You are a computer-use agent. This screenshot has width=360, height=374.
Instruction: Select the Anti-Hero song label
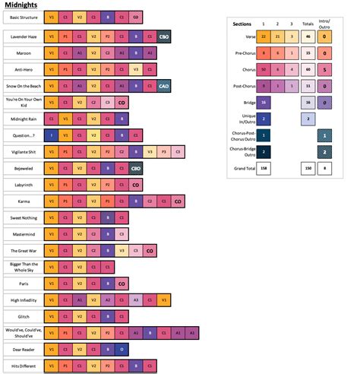(x=22, y=71)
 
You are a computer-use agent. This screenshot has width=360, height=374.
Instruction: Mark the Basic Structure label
(x=22, y=16)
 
